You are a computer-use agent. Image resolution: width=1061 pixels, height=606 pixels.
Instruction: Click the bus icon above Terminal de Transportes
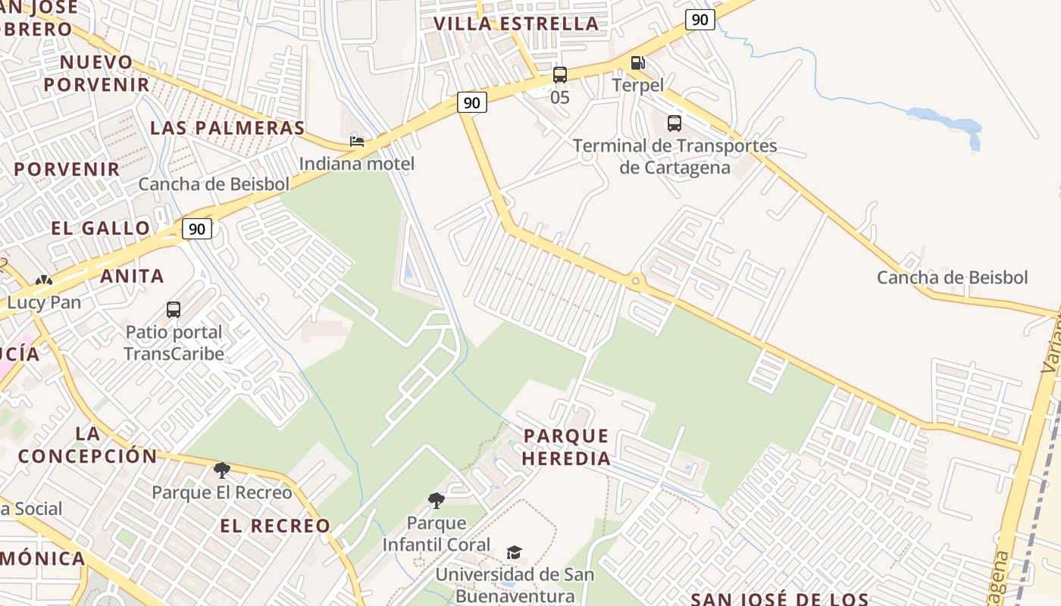[674, 123]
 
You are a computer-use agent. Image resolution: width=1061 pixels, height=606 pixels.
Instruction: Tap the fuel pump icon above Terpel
[638, 63]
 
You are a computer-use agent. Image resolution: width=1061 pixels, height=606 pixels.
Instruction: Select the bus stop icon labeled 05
[559, 75]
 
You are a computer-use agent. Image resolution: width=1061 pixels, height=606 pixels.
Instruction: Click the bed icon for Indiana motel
[357, 142]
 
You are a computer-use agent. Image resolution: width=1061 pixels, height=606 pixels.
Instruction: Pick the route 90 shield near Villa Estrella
[700, 20]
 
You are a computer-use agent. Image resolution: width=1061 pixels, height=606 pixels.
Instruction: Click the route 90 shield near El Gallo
[196, 228]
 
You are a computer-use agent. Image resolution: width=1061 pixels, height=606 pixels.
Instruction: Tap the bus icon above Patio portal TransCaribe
[174, 309]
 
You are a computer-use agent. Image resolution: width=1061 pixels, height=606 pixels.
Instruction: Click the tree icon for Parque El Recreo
[221, 470]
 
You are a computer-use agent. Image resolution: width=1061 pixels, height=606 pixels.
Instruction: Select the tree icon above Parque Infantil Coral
[436, 500]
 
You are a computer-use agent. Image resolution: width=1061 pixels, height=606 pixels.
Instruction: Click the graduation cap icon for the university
[515, 552]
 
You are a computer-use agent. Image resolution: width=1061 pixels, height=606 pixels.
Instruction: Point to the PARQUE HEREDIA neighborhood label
[567, 447]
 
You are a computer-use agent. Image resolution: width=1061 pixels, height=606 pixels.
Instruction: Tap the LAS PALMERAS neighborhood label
[227, 127]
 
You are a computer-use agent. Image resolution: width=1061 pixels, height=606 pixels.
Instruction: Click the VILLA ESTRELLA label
[515, 23]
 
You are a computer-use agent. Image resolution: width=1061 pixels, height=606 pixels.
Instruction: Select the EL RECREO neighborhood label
[275, 526]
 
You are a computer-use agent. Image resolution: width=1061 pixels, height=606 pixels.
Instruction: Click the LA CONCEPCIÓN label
[87, 445]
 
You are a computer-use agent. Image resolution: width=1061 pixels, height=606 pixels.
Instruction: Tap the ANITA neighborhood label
[132, 276]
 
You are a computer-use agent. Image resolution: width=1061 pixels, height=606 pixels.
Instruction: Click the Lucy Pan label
[44, 302]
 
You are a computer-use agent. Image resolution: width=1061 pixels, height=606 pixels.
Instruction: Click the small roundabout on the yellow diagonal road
[635, 282]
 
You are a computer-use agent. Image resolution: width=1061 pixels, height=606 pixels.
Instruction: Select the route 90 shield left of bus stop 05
[471, 102]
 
